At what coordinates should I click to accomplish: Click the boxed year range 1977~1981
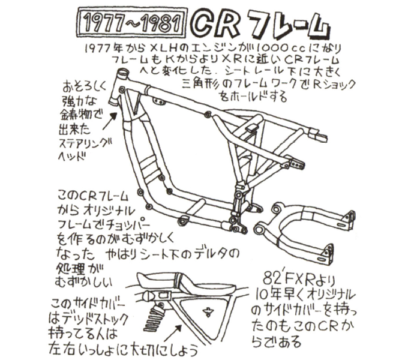coord(132,23)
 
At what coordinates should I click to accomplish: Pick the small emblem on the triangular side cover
coord(208,311)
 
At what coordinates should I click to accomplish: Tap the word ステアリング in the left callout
coord(86,144)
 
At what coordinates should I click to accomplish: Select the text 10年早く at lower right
coord(279,295)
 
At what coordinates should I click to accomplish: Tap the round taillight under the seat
coord(148,296)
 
